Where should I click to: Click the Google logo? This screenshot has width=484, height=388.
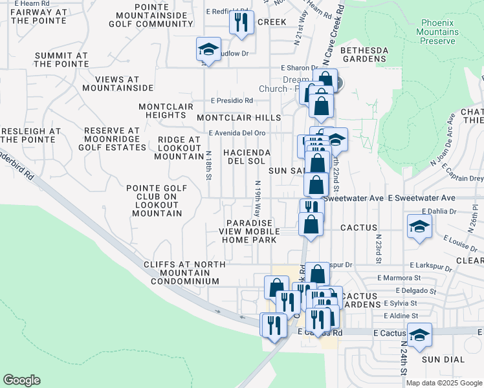pyautogui.click(x=21, y=380)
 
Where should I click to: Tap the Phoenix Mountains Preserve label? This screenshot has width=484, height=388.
pyautogui.click(x=437, y=32)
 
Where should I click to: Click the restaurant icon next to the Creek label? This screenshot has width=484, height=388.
pyautogui.click(x=239, y=23)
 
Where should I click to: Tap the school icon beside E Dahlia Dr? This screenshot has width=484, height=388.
pyautogui.click(x=419, y=228)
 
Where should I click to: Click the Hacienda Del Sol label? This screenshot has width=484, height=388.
pyautogui.click(x=246, y=156)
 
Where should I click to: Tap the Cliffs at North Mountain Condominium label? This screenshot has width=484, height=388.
pyautogui.click(x=185, y=273)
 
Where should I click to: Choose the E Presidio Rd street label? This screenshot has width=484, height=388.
pyautogui.click(x=231, y=101)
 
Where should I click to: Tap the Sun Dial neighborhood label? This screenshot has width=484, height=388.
pyautogui.click(x=439, y=359)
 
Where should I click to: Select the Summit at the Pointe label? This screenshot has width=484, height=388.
pyautogui.click(x=61, y=59)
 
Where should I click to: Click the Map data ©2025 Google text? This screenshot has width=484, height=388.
pyautogui.click(x=443, y=383)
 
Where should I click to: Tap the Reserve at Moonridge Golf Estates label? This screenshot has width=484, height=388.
pyautogui.click(x=116, y=139)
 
